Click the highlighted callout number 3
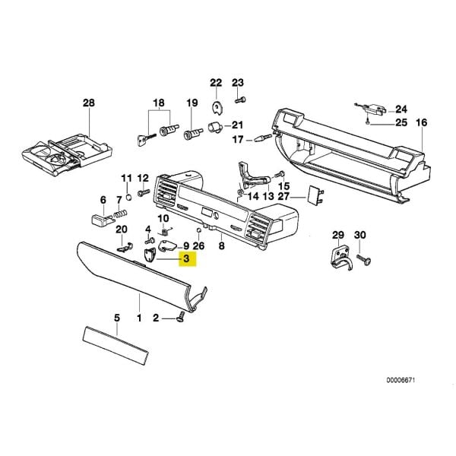point(186,260)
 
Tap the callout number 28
point(89,102)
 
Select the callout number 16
point(422,122)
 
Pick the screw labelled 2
point(181,316)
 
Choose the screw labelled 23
point(238,100)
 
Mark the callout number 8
point(221,246)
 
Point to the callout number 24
point(401,109)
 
